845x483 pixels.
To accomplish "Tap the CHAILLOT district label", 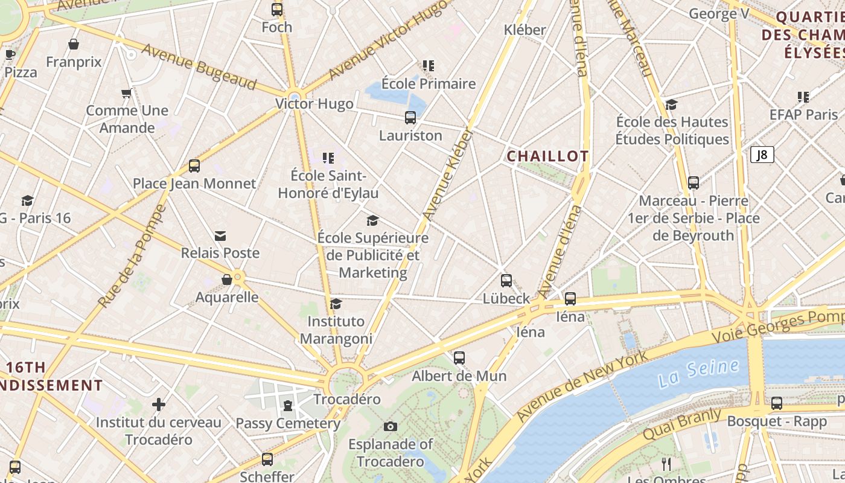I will (547, 156).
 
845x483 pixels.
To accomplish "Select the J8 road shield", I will (762, 155).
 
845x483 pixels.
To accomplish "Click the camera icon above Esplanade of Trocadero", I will (391, 427).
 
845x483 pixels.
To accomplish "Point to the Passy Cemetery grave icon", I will (288, 405).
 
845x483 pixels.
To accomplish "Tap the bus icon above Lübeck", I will (506, 281).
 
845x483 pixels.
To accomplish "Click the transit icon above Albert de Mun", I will (459, 358).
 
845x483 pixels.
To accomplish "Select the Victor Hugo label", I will (314, 104).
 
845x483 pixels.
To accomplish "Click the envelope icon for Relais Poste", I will (220, 236).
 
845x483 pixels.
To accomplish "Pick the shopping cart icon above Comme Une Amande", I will (126, 94).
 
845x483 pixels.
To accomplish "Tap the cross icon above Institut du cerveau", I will (159, 405).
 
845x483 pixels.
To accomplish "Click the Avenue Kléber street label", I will (447, 175).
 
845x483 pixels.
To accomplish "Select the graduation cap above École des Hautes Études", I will (671, 105).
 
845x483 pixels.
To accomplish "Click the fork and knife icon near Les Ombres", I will (666, 464).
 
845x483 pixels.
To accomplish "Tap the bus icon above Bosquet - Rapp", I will (777, 403).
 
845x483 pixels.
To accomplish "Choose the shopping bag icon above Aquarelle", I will (227, 280).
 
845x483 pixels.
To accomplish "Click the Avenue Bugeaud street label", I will (199, 66).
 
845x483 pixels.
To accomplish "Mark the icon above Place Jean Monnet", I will (194, 166).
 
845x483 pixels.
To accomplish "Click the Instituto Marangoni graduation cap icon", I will (336, 304).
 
